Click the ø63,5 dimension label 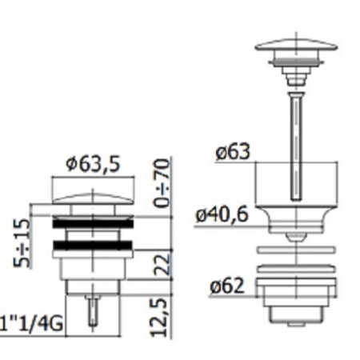94,164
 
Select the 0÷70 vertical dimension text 162,183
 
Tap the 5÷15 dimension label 22,243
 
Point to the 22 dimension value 162,265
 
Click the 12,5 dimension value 159,318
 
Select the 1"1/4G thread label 31,324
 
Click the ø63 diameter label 233,152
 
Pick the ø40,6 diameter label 222,214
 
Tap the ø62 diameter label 227,286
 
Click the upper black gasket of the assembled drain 93,224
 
